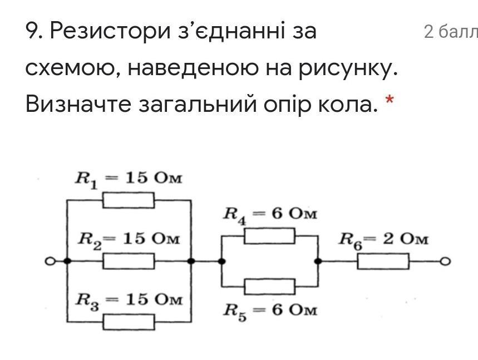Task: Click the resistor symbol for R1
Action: click(x=129, y=200)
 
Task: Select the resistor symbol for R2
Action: click(x=129, y=260)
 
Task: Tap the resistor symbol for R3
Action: click(x=129, y=322)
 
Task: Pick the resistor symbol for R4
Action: click(x=269, y=236)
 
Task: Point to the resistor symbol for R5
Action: click(x=269, y=286)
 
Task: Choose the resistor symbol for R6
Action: click(x=383, y=261)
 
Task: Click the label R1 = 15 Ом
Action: click(x=129, y=179)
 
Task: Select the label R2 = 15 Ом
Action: click(x=129, y=239)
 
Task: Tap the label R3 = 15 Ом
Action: click(x=129, y=300)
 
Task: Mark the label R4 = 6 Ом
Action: click(x=270, y=215)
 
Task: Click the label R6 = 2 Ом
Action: click(x=384, y=240)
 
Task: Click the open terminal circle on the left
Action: click(x=50, y=261)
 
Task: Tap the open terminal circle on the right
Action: click(x=445, y=261)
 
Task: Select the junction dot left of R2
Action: click(x=67, y=261)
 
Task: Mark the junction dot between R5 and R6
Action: click(x=318, y=261)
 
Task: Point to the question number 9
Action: click(x=35, y=32)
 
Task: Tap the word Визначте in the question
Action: click(x=77, y=103)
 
